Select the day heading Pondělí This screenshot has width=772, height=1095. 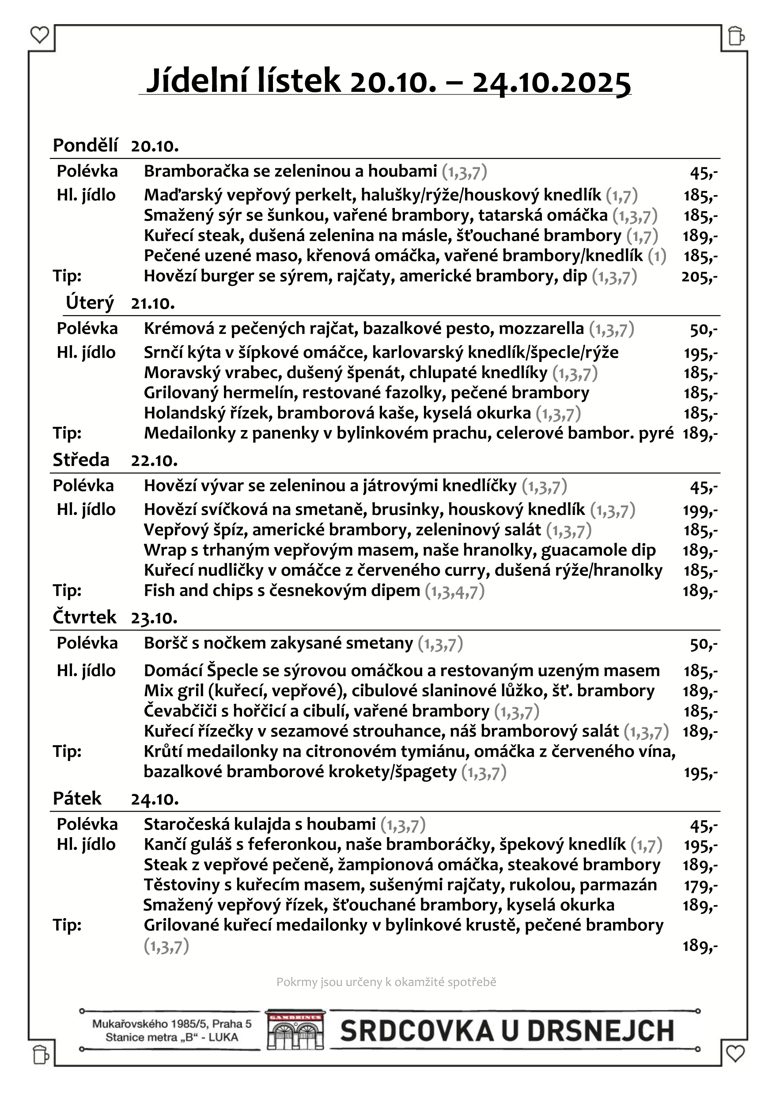coord(85,145)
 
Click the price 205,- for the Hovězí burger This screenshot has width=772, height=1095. coord(699,276)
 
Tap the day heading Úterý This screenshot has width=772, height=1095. coord(90,303)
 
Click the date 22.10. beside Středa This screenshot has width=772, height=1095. coord(154,461)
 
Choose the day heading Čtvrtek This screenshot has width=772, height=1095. coord(84,618)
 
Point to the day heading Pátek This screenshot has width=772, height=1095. coord(77,798)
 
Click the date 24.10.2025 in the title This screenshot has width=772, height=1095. coord(552,82)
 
